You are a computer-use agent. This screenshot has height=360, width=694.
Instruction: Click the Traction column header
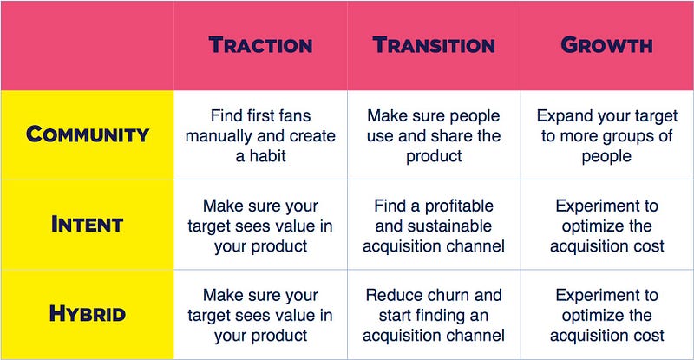261,45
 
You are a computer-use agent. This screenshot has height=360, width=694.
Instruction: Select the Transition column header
434,45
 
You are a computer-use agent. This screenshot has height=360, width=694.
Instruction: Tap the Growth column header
606,45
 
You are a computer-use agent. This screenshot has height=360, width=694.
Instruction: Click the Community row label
88,134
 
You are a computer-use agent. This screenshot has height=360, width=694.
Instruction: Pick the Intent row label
88,224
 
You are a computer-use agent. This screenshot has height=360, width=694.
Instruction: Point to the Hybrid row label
88,314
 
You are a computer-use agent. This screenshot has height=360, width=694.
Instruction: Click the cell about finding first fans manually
261,135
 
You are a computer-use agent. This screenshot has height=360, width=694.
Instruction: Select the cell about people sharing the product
434,135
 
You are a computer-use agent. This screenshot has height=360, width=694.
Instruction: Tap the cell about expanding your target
606,135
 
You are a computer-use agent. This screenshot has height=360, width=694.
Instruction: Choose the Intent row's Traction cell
260,226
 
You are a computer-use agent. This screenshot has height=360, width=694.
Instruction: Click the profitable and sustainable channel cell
434,226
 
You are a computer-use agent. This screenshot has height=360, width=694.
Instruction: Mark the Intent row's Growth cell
606,226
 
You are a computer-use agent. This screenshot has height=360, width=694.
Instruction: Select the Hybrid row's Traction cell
260,315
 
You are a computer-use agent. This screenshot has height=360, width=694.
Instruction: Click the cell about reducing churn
434,315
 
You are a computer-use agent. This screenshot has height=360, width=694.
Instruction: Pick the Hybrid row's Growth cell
606,315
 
